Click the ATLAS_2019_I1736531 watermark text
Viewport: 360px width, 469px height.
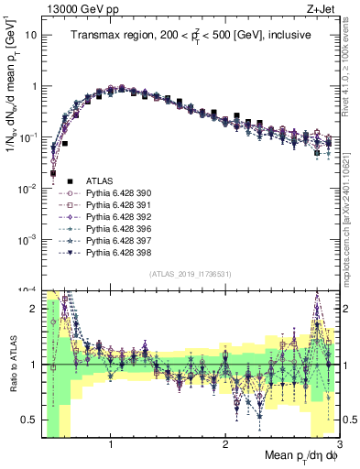click(x=190, y=274)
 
